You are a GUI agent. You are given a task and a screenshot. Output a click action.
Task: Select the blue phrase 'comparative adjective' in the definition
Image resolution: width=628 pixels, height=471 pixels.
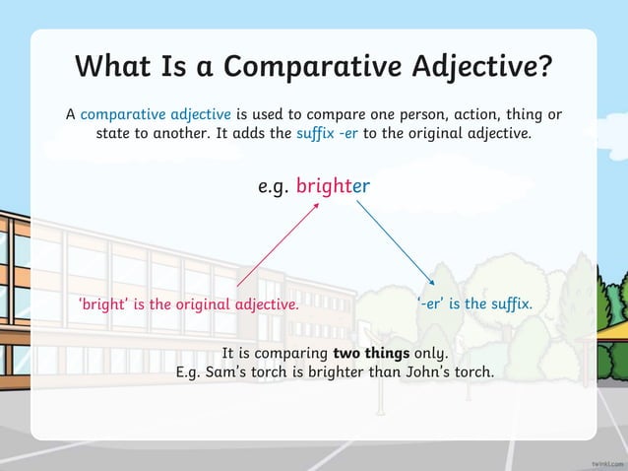[x=156, y=114]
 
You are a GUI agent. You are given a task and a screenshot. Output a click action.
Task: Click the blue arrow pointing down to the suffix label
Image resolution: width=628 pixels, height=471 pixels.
[x=394, y=241]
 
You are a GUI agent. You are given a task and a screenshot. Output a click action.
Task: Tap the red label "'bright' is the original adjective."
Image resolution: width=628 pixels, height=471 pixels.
[x=188, y=304]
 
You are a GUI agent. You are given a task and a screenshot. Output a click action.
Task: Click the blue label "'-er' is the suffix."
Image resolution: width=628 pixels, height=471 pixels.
[x=474, y=303]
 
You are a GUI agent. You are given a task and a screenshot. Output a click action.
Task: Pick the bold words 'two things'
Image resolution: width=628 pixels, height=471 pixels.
[x=371, y=353]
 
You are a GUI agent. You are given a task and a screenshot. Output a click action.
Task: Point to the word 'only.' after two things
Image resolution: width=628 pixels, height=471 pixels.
[x=429, y=353]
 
